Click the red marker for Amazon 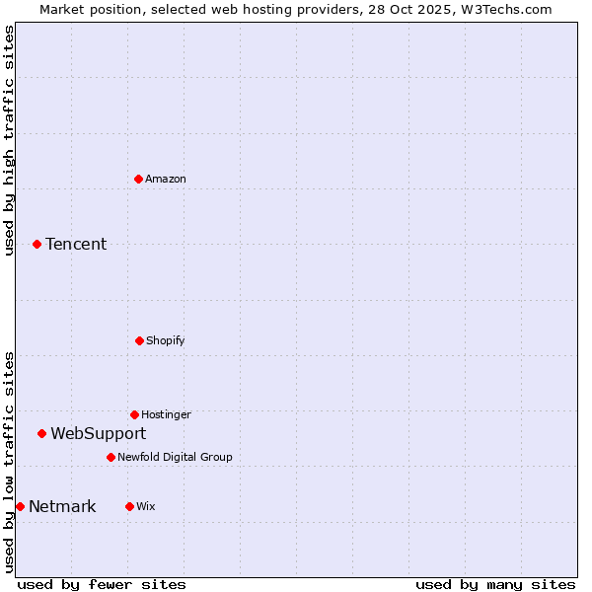[x=138, y=179]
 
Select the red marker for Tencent [x=37, y=244]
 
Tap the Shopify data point [x=139, y=340]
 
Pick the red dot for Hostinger [x=134, y=414]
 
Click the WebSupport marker [x=41, y=433]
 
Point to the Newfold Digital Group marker [x=111, y=457]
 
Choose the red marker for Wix [x=129, y=506]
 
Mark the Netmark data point [x=20, y=506]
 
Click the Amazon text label [x=166, y=179]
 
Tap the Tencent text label [x=76, y=244]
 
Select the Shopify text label [x=166, y=340]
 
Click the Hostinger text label [x=166, y=414]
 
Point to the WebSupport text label [x=99, y=433]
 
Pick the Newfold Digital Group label [x=175, y=457]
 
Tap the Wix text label [x=146, y=506]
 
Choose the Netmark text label [x=62, y=506]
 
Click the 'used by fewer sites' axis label [x=102, y=584]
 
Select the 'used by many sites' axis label [x=495, y=584]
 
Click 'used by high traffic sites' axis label [x=9, y=140]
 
